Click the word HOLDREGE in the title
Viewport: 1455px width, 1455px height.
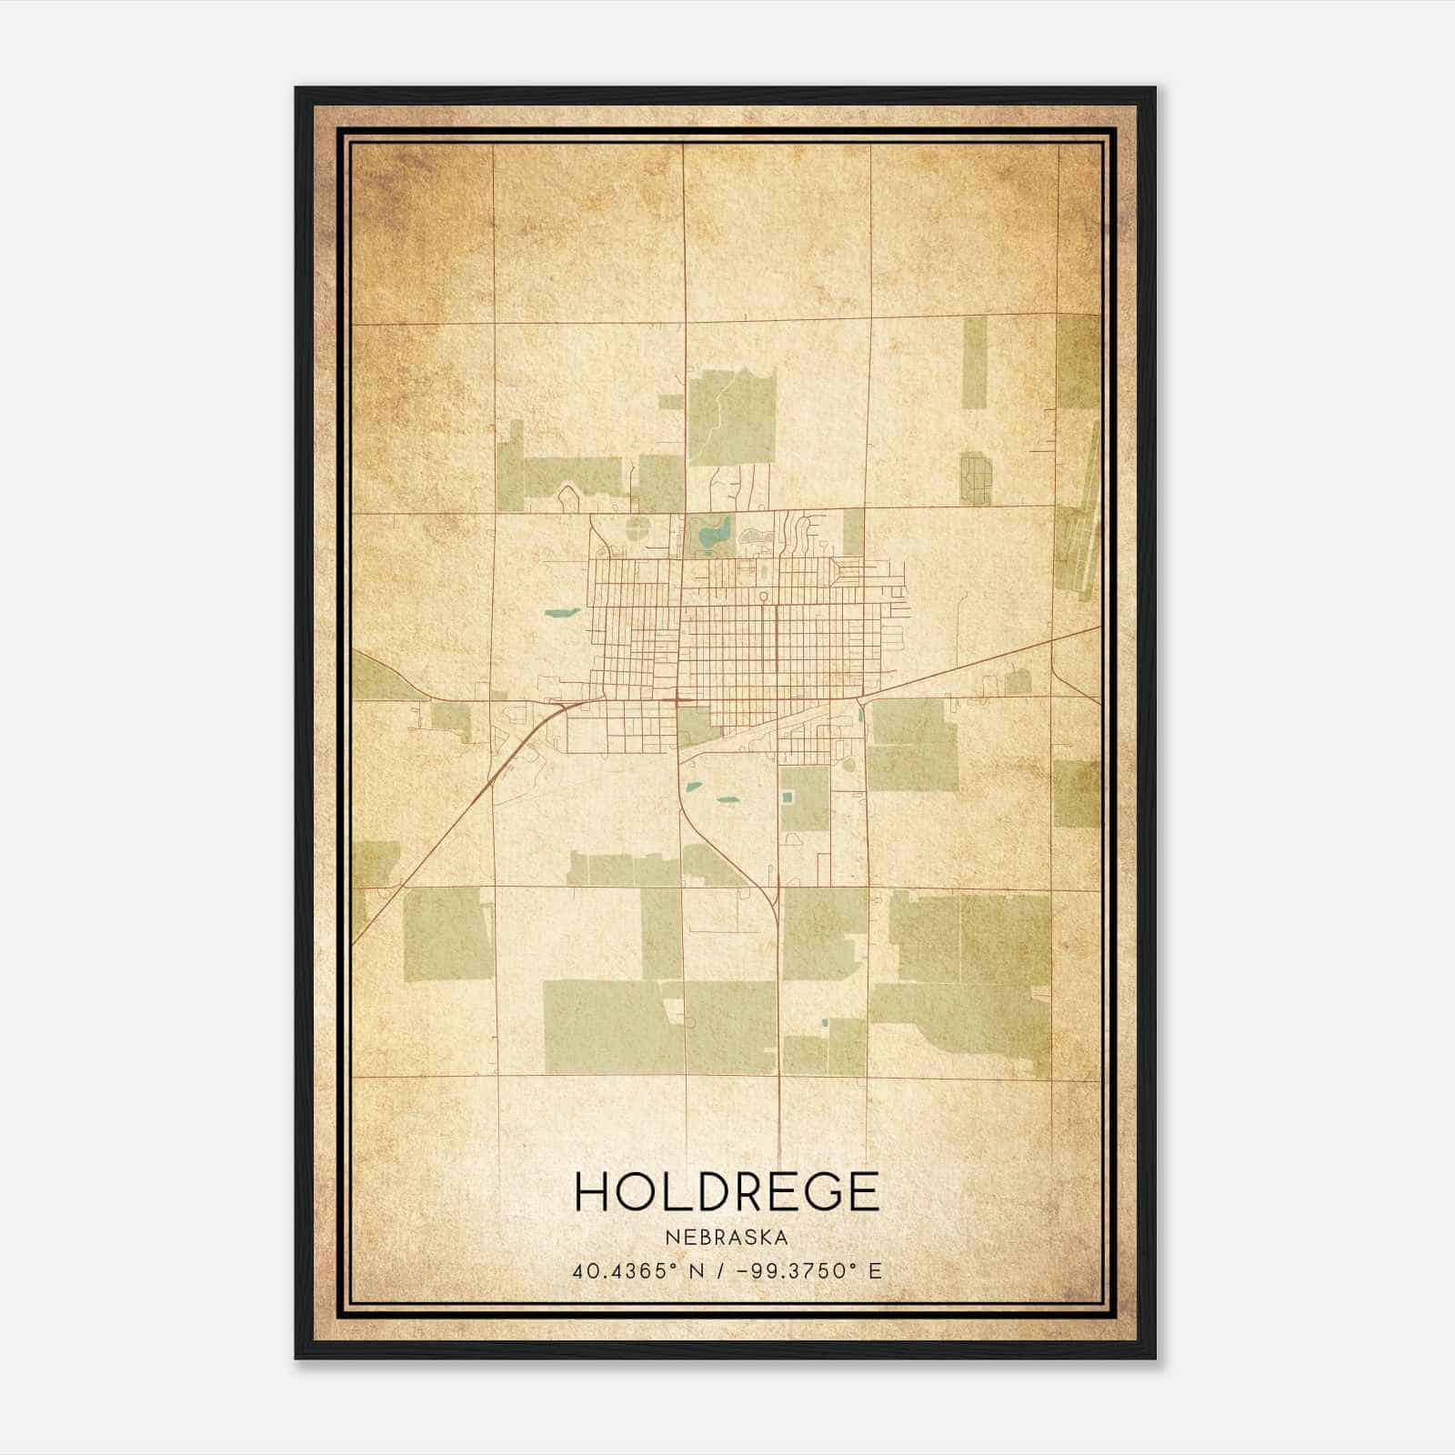(727, 1192)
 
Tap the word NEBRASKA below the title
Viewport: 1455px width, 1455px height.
(727, 1237)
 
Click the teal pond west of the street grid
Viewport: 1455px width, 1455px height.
(561, 612)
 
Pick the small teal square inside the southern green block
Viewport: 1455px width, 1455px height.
(788, 797)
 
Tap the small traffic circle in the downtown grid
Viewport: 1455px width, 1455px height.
(763, 597)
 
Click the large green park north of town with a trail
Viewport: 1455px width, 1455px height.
(731, 418)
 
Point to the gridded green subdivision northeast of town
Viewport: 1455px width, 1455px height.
(977, 479)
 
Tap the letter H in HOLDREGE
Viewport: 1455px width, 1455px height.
(592, 1192)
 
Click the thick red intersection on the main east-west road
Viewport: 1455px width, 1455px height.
(679, 700)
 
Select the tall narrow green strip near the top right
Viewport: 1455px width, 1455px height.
(974, 373)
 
